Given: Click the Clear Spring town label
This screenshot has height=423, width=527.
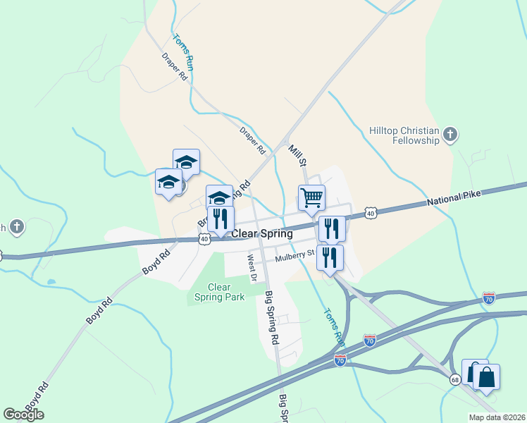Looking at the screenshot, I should click(x=262, y=233).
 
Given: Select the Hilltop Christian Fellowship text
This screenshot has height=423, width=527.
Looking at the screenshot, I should click(x=404, y=135).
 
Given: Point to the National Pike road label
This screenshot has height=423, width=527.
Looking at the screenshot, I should click(x=459, y=198).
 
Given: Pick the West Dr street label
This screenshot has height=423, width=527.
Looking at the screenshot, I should click(x=250, y=265).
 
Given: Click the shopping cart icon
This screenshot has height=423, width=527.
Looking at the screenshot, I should click(x=311, y=197).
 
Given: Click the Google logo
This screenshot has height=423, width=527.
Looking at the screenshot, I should click(x=23, y=414).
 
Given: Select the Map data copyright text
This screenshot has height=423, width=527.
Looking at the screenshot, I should click(x=496, y=417).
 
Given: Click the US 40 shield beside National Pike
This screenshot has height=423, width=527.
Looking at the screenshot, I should click(x=370, y=213).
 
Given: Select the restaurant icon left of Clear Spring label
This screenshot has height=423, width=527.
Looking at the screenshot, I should click(x=220, y=219).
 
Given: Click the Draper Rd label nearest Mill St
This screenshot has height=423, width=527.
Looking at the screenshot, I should click(x=252, y=140).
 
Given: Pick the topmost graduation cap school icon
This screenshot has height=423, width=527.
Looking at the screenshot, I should click(x=186, y=161).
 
